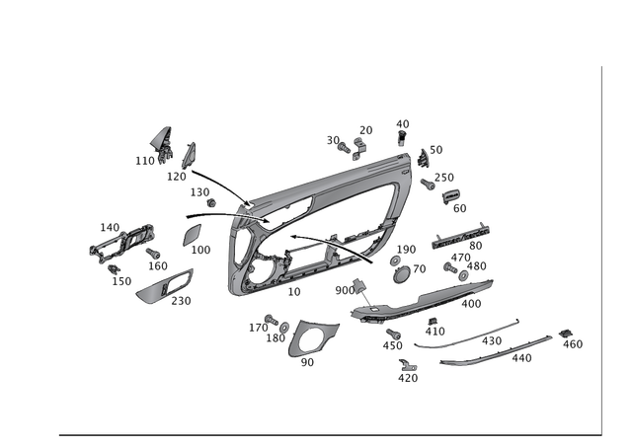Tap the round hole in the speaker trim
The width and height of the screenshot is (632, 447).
pyautogui.click(x=312, y=340)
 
